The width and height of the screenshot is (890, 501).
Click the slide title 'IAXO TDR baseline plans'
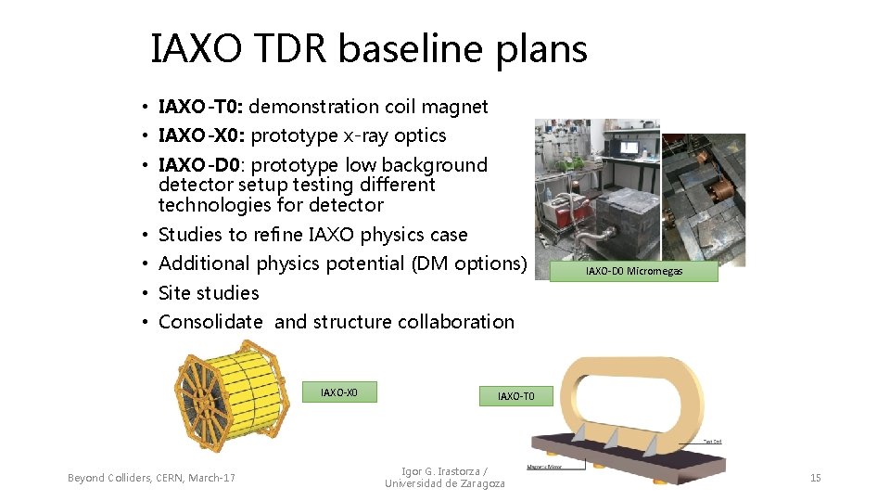(369, 48)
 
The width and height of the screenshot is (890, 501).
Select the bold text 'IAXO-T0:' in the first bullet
(201, 107)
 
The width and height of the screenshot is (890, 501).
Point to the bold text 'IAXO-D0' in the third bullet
(199, 165)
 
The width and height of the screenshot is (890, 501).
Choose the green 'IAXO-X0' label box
(339, 392)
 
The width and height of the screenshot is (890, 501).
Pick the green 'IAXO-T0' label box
(515, 396)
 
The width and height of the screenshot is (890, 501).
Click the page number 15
(815, 478)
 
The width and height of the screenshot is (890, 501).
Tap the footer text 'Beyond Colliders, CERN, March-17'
(151, 478)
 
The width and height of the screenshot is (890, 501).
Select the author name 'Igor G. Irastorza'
(443, 471)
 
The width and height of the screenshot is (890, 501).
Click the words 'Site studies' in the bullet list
(209, 293)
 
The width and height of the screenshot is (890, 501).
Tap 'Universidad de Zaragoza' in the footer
(445, 483)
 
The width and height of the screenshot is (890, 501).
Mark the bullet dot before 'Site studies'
(146, 293)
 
